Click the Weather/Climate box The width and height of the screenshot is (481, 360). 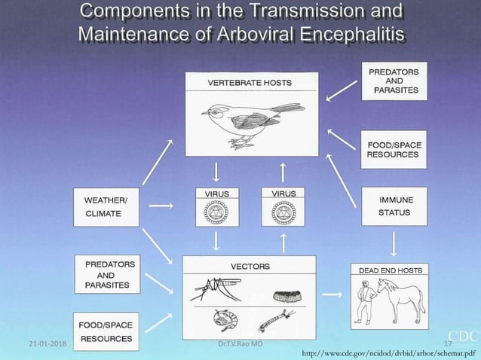106,206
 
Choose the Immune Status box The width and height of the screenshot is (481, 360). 395,206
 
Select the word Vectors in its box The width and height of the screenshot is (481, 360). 250,266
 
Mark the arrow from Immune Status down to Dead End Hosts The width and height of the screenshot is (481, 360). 394,243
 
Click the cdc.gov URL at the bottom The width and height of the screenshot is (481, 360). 388,352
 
